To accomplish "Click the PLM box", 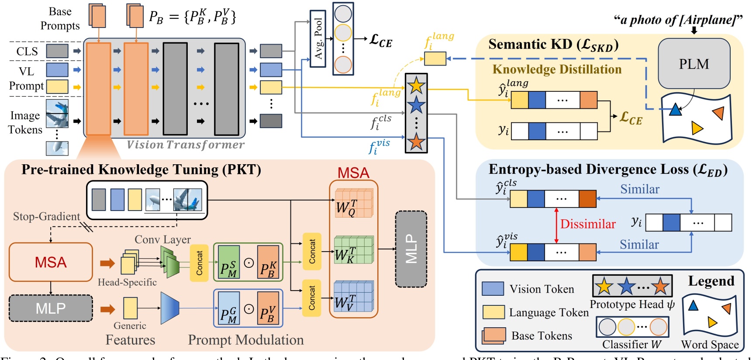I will pos(694,64).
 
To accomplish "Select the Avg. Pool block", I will pos(318,38).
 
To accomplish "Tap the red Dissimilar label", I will pos(587,224).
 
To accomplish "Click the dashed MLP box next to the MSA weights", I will pos(411,249).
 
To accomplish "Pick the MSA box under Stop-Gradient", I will pos(51,262).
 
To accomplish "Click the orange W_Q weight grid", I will pos(353,204).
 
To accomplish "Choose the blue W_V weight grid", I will pos(353,297).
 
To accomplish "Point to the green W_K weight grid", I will pos(353,250).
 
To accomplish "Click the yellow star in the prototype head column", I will pos(416,85).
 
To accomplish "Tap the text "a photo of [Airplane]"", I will pos(678,20).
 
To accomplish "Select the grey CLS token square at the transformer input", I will pos(57,51).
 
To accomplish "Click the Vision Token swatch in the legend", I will pos(493,289).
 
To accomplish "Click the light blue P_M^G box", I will pos(229,308).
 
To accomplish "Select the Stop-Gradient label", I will pos(46,216).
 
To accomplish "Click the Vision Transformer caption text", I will pos(185,145).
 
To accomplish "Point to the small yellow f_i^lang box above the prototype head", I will pos(435,59).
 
